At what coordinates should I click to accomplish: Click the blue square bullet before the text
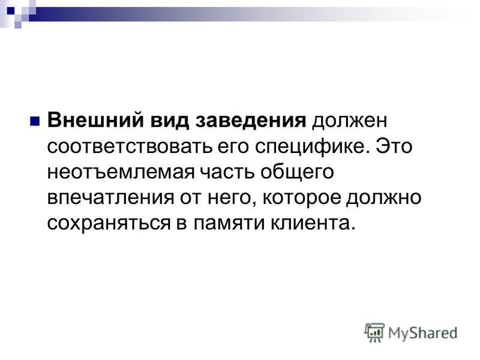35,121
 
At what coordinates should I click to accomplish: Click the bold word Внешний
95,120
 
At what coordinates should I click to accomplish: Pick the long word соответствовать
130,146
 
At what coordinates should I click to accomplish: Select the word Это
394,146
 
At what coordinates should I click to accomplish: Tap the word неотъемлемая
121,172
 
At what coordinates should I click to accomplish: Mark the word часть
227,172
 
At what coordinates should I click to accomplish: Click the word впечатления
110,198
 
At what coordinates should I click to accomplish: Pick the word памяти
229,224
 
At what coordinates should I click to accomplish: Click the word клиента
313,224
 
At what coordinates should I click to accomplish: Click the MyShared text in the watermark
423,334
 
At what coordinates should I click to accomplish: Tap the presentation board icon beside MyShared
374,332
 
